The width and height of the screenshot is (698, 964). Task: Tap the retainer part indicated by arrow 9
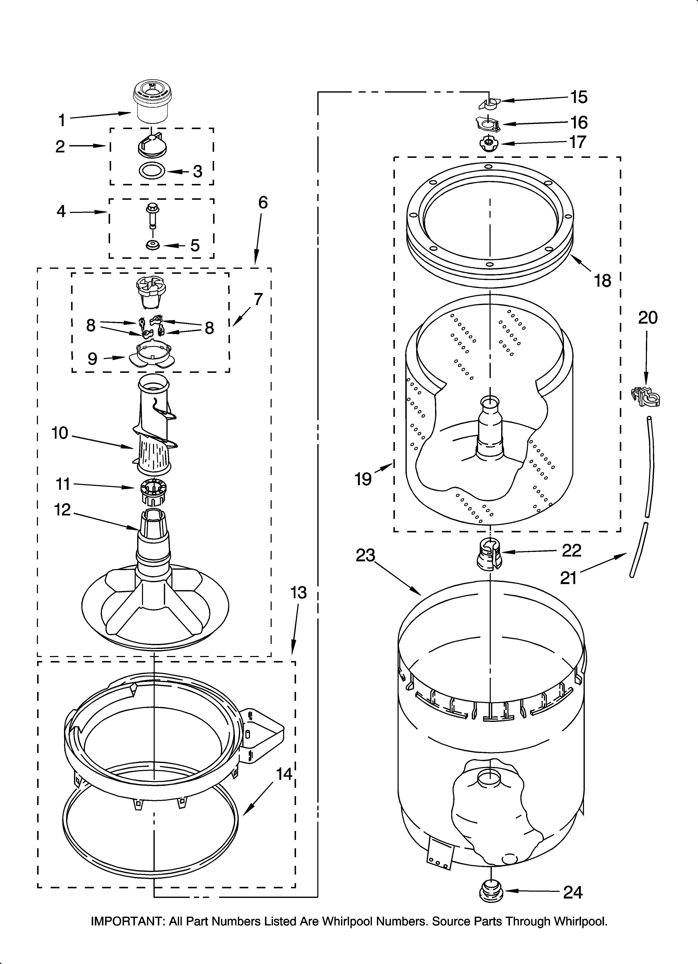click(151, 355)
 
